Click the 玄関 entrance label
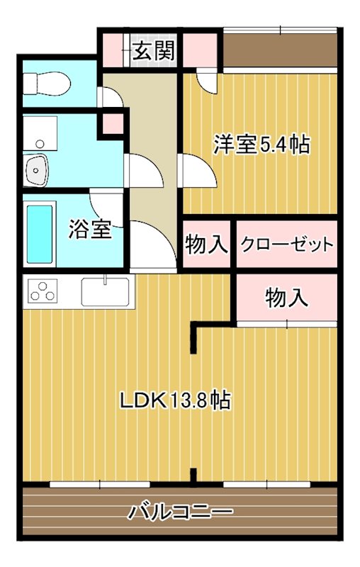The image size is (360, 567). click(x=154, y=50)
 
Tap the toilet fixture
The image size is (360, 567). click(x=47, y=84)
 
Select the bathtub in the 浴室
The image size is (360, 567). click(x=40, y=235)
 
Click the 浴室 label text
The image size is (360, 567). click(x=91, y=229)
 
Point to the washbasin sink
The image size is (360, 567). click(x=35, y=170)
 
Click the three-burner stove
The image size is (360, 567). click(x=43, y=291)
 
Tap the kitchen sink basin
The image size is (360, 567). click(x=105, y=292)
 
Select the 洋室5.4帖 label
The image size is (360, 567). click(x=261, y=145)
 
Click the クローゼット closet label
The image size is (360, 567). click(x=286, y=245)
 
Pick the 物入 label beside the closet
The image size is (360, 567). click(x=206, y=244)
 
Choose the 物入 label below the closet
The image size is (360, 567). click(x=287, y=298)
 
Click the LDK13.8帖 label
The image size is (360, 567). click(x=175, y=400)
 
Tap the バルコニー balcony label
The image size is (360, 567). click(x=180, y=512)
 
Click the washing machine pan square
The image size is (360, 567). click(x=40, y=133)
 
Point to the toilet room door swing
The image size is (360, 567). click(x=111, y=97)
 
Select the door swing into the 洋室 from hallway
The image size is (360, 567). click(x=197, y=171)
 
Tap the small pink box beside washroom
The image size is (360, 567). click(x=113, y=124)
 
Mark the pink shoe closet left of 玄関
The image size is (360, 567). click(x=113, y=50)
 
